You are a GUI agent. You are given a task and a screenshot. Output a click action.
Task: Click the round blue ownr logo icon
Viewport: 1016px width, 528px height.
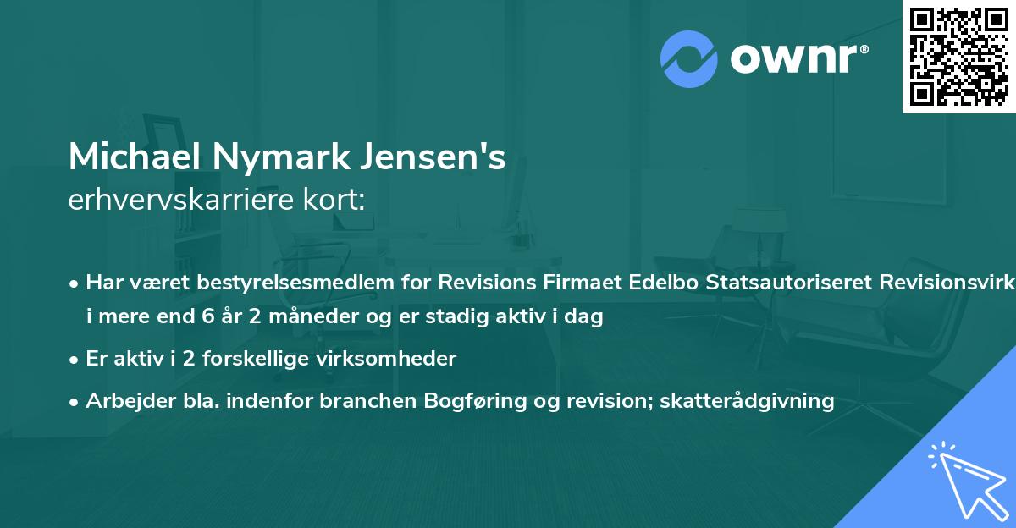(689, 58)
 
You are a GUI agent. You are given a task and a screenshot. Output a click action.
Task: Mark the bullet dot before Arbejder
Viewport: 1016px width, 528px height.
(75, 401)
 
